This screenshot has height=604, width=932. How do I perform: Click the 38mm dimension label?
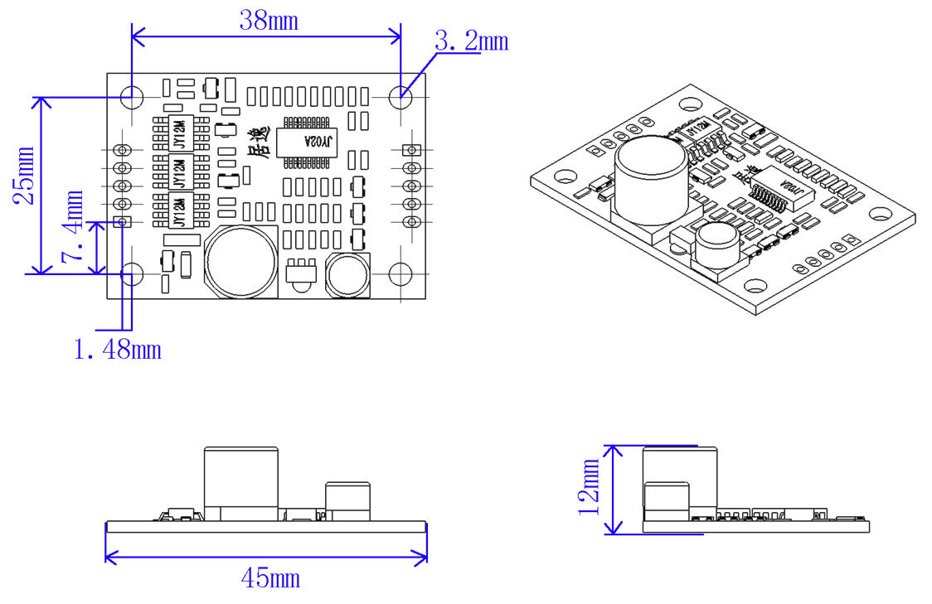pyautogui.click(x=268, y=21)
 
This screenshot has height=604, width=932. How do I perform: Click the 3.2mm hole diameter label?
pyautogui.click(x=471, y=41)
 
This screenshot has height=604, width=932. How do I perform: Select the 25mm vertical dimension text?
pyautogui.click(x=25, y=176)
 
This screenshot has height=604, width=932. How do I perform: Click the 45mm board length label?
pyautogui.click(x=270, y=578)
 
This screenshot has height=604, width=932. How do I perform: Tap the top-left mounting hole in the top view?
pyautogui.click(x=132, y=96)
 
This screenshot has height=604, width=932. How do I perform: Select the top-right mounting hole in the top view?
pyautogui.click(x=401, y=96)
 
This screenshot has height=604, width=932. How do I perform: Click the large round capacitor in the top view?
pyautogui.click(x=242, y=263)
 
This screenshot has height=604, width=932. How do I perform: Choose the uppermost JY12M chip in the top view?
pyautogui.click(x=177, y=133)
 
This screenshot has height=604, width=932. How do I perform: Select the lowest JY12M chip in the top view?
pyautogui.click(x=177, y=210)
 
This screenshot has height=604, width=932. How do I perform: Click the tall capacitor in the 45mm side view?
pyautogui.click(x=242, y=482)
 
